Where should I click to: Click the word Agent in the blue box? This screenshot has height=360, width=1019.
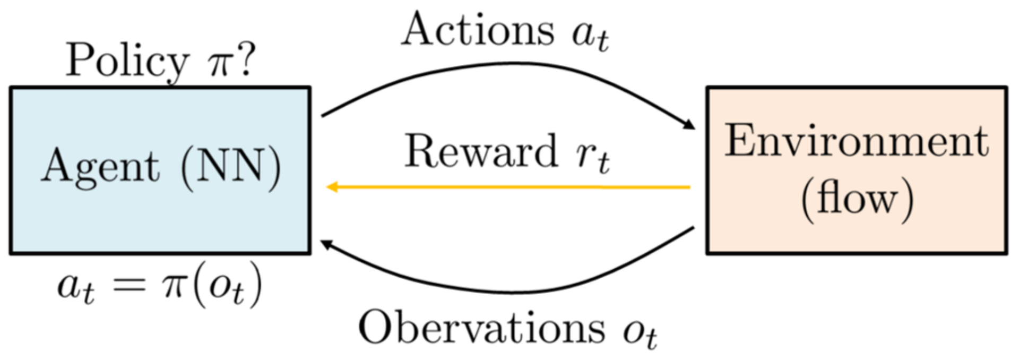point(100,168)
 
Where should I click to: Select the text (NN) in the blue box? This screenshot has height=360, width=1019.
point(231,168)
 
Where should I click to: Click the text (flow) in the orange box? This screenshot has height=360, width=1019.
point(857,199)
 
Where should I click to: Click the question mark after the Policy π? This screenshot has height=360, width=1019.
point(245,59)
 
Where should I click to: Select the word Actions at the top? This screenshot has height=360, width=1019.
point(478,30)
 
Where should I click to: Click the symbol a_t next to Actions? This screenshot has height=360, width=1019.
point(590,34)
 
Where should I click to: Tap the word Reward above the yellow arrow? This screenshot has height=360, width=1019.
point(481,152)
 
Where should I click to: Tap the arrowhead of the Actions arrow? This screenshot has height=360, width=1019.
point(688,125)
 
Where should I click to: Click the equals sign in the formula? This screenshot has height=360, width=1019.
point(129,286)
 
